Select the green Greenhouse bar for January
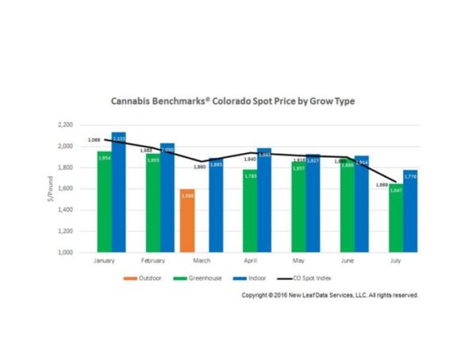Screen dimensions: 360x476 104,201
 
